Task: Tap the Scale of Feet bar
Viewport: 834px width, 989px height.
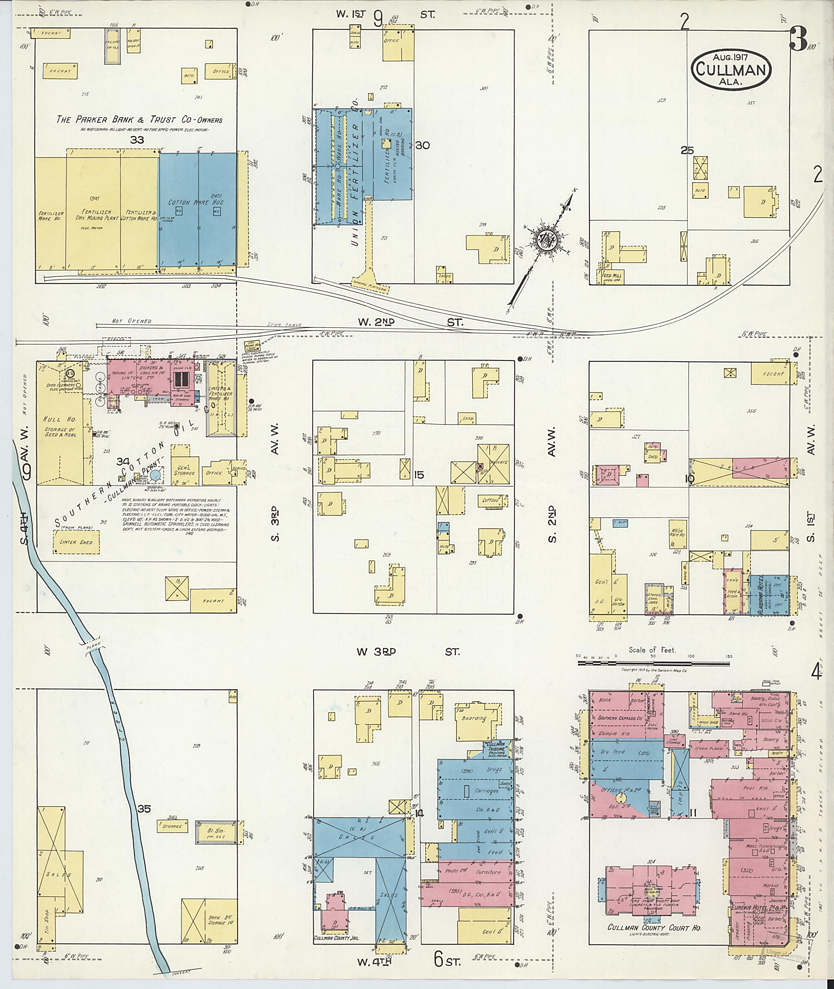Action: [x=653, y=663]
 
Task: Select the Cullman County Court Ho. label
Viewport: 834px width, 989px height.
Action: [x=654, y=928]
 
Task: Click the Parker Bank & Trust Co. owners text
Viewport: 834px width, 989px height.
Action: [x=138, y=120]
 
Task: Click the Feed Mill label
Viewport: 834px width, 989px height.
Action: [x=612, y=275]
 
